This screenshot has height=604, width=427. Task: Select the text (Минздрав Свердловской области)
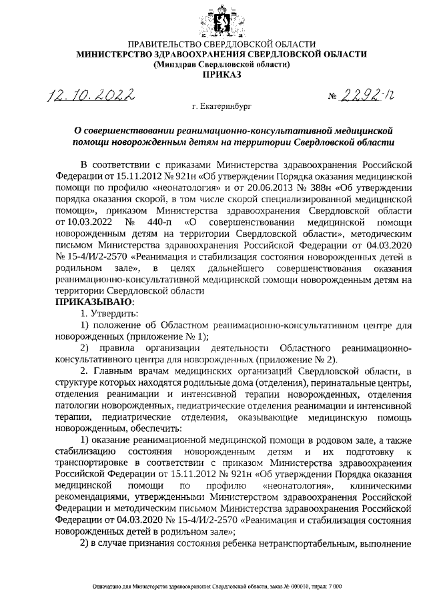(221, 65)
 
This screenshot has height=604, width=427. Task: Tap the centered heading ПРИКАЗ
(221, 75)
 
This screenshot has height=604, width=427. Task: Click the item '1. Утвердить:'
(109, 313)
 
